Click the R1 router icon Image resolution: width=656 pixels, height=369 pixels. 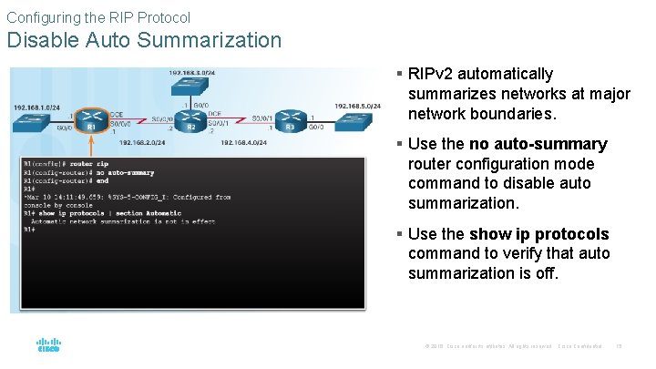pyautogui.click(x=91, y=119)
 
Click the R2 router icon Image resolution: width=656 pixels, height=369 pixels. pyautogui.click(x=191, y=118)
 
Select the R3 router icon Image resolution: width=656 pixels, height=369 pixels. pyautogui.click(x=291, y=118)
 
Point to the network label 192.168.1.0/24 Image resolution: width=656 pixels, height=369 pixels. pyautogui.click(x=36, y=107)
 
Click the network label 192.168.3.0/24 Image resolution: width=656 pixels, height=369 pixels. pyautogui.click(x=191, y=72)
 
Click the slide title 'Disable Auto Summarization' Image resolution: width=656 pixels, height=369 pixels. pyautogui.click(x=144, y=40)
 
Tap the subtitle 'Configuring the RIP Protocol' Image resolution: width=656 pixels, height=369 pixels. pyautogui.click(x=98, y=16)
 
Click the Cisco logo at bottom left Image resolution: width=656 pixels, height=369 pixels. pyautogui.click(x=47, y=345)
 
